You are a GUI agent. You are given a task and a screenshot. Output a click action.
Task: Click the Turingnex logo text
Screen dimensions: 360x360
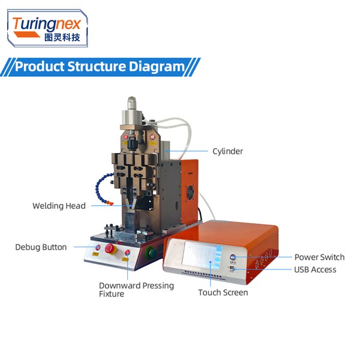[x=47, y=24]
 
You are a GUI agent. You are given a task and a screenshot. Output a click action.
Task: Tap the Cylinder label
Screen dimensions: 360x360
[x=227, y=151]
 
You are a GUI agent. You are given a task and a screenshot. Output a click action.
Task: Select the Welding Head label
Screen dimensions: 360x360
[x=59, y=206]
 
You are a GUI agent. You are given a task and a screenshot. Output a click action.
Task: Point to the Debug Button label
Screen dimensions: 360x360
[x=41, y=247]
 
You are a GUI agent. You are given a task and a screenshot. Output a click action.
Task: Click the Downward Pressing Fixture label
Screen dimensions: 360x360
[x=136, y=290]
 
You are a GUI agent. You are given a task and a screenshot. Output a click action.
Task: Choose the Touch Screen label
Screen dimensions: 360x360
[x=223, y=293]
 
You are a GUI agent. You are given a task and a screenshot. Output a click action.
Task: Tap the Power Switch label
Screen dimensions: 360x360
[x=319, y=257]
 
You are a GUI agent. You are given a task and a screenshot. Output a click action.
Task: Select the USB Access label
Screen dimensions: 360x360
[x=315, y=269]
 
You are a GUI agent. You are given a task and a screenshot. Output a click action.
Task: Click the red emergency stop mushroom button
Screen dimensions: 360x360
[x=110, y=249]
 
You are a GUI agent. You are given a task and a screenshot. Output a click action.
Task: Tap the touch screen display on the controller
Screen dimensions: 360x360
[x=202, y=255]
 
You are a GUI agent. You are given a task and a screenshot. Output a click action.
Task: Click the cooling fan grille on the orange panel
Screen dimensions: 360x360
[x=190, y=193]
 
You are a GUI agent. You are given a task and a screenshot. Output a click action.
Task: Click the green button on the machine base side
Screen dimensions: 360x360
[x=151, y=253]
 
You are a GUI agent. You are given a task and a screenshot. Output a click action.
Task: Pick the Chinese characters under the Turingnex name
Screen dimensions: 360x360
[x=62, y=37]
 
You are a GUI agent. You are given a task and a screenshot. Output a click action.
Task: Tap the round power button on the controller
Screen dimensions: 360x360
[x=233, y=257]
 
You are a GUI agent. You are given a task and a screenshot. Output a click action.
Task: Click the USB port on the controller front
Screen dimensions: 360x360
[x=232, y=268]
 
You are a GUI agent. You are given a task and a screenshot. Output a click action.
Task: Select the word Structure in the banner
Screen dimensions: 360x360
[x=97, y=67]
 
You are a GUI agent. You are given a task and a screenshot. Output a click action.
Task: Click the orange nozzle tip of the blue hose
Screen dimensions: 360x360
[x=110, y=203]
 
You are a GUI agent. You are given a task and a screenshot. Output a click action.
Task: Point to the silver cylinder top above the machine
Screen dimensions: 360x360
[x=132, y=103]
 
